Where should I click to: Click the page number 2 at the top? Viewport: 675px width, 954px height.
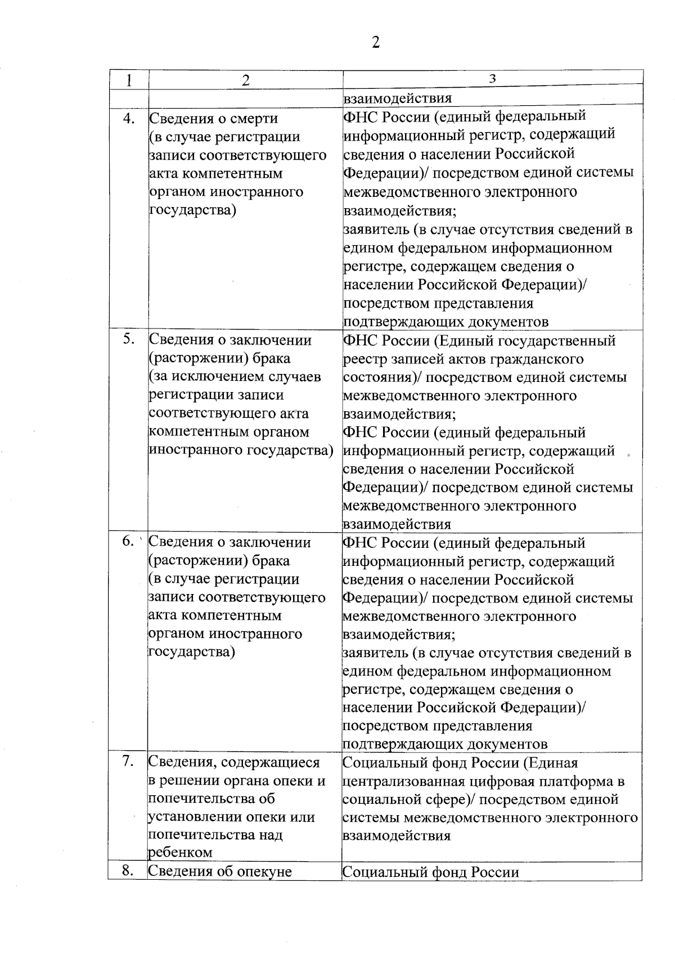[x=376, y=43]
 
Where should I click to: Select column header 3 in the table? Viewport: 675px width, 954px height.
[x=492, y=79]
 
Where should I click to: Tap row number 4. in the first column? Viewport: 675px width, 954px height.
[x=129, y=118]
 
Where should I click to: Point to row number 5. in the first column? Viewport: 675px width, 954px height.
[x=129, y=339]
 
